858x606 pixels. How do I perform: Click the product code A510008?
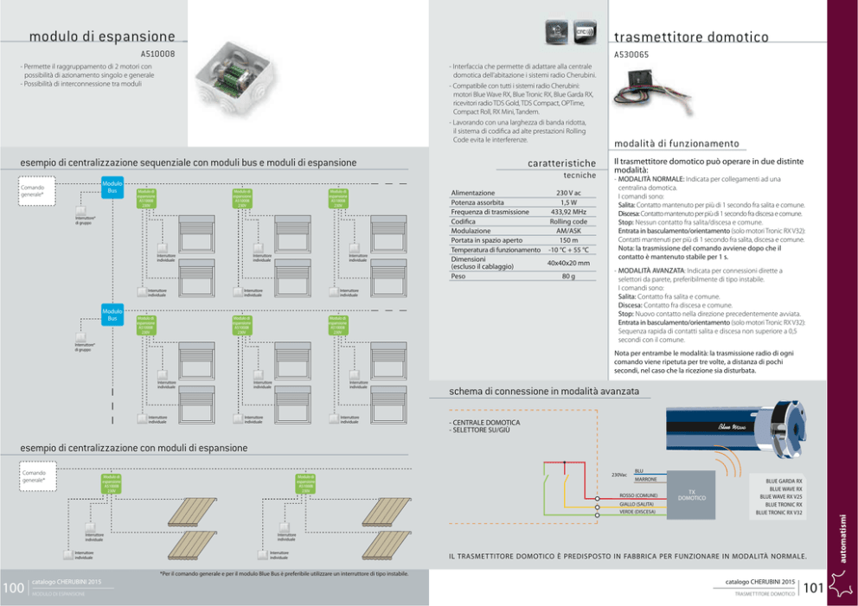click(157, 53)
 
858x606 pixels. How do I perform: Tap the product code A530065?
click(631, 54)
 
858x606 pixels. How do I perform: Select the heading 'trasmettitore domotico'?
click(691, 37)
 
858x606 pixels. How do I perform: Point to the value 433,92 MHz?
click(568, 212)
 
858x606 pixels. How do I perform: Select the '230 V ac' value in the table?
click(568, 193)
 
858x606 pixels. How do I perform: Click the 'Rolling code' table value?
click(568, 221)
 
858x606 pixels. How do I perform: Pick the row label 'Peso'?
click(458, 277)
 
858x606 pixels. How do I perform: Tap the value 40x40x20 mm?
click(568, 263)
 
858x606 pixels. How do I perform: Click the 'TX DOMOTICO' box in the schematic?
click(691, 496)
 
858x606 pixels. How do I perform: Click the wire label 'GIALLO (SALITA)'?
click(638, 503)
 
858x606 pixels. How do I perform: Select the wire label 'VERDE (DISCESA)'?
click(638, 512)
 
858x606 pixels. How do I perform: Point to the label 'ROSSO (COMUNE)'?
click(638, 494)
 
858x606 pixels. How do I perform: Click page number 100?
click(13, 588)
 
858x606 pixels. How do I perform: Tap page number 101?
click(812, 589)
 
